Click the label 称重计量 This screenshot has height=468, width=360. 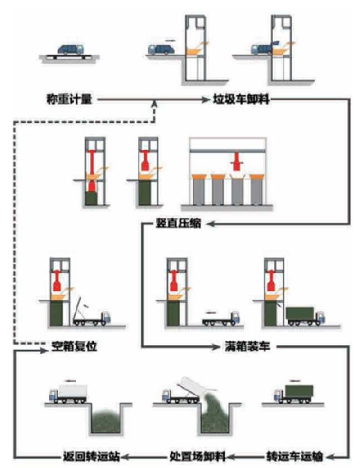tap(69, 99)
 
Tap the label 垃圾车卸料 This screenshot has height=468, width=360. tap(241, 99)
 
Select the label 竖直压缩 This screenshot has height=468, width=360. tap(176, 224)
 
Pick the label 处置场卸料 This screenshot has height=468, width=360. tap(198, 456)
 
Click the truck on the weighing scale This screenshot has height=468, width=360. tap(69, 50)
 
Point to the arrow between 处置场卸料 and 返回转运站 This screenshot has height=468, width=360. tap(144, 456)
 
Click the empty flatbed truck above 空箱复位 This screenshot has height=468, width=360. tap(92, 318)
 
